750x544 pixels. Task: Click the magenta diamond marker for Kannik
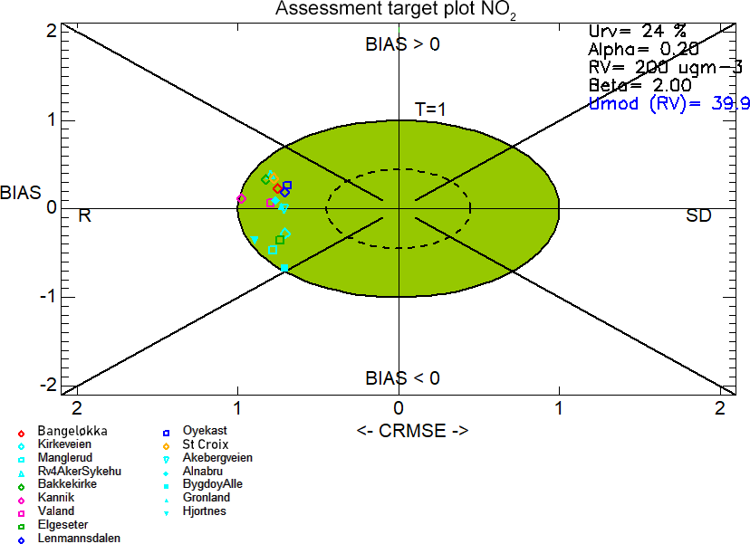tap(242, 198)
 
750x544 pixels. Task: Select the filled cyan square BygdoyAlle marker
tap(284, 268)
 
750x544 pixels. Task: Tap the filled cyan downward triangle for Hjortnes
tap(255, 240)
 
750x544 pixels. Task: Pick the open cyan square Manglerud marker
tap(273, 250)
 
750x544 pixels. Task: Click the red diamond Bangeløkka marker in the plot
tap(277, 189)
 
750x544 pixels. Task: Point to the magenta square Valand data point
tap(270, 203)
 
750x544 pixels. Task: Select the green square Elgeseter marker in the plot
tap(280, 240)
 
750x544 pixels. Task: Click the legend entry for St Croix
tap(197, 444)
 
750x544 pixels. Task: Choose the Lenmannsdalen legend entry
tap(69, 539)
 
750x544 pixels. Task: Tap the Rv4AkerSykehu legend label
tap(70, 472)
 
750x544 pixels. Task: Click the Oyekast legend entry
tap(195, 431)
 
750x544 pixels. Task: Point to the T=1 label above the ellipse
tap(430, 110)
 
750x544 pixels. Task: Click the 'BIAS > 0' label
tap(403, 44)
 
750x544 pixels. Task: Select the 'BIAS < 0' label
tap(403, 378)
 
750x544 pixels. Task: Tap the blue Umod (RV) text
tap(669, 104)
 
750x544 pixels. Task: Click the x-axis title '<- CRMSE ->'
tap(412, 431)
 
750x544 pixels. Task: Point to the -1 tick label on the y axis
tap(48, 296)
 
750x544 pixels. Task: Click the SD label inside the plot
tap(698, 215)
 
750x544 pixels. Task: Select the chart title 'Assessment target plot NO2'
tap(396, 9)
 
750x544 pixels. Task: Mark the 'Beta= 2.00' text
tap(640, 86)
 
